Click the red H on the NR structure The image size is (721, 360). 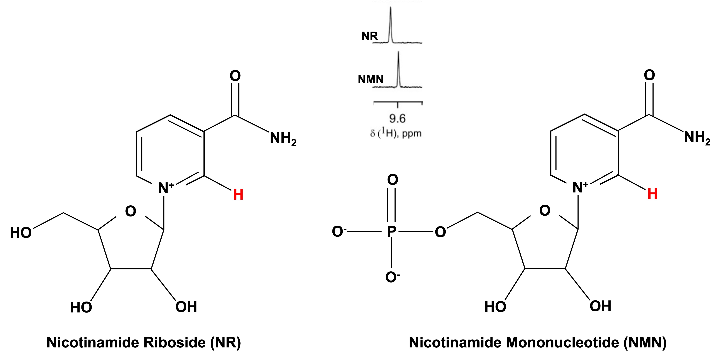click(x=238, y=195)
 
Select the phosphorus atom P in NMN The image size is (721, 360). click(x=392, y=232)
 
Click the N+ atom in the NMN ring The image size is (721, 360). click(x=580, y=187)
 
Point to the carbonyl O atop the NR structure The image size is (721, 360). click(x=235, y=76)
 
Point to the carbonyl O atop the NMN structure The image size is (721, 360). click(x=649, y=75)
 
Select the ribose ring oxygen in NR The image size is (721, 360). click(x=130, y=211)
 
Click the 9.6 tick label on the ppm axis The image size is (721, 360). click(x=397, y=119)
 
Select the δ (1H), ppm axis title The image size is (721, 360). click(x=396, y=133)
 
